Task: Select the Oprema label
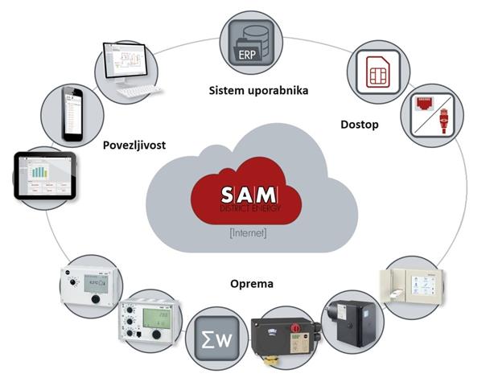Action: pos(251,283)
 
